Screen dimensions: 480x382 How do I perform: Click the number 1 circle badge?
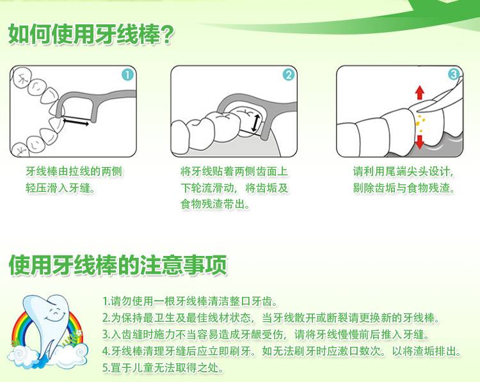128,75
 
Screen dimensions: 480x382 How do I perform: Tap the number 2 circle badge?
289,75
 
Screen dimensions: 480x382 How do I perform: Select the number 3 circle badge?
454,74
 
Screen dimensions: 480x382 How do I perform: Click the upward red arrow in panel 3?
420,92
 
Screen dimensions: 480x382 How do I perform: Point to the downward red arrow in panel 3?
420,141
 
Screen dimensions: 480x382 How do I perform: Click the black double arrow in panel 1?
76,122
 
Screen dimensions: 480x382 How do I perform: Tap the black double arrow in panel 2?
255,123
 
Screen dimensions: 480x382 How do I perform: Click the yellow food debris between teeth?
419,123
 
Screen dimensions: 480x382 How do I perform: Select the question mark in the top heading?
167,35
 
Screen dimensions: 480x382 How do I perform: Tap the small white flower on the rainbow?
79,332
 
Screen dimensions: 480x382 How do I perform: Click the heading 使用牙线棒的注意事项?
118,265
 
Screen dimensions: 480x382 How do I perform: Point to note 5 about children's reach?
163,368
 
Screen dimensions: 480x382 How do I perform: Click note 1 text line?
190,301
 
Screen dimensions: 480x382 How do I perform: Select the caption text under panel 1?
74,180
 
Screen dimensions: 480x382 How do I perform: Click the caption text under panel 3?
404,180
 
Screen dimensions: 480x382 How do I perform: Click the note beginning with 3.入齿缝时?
266,335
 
